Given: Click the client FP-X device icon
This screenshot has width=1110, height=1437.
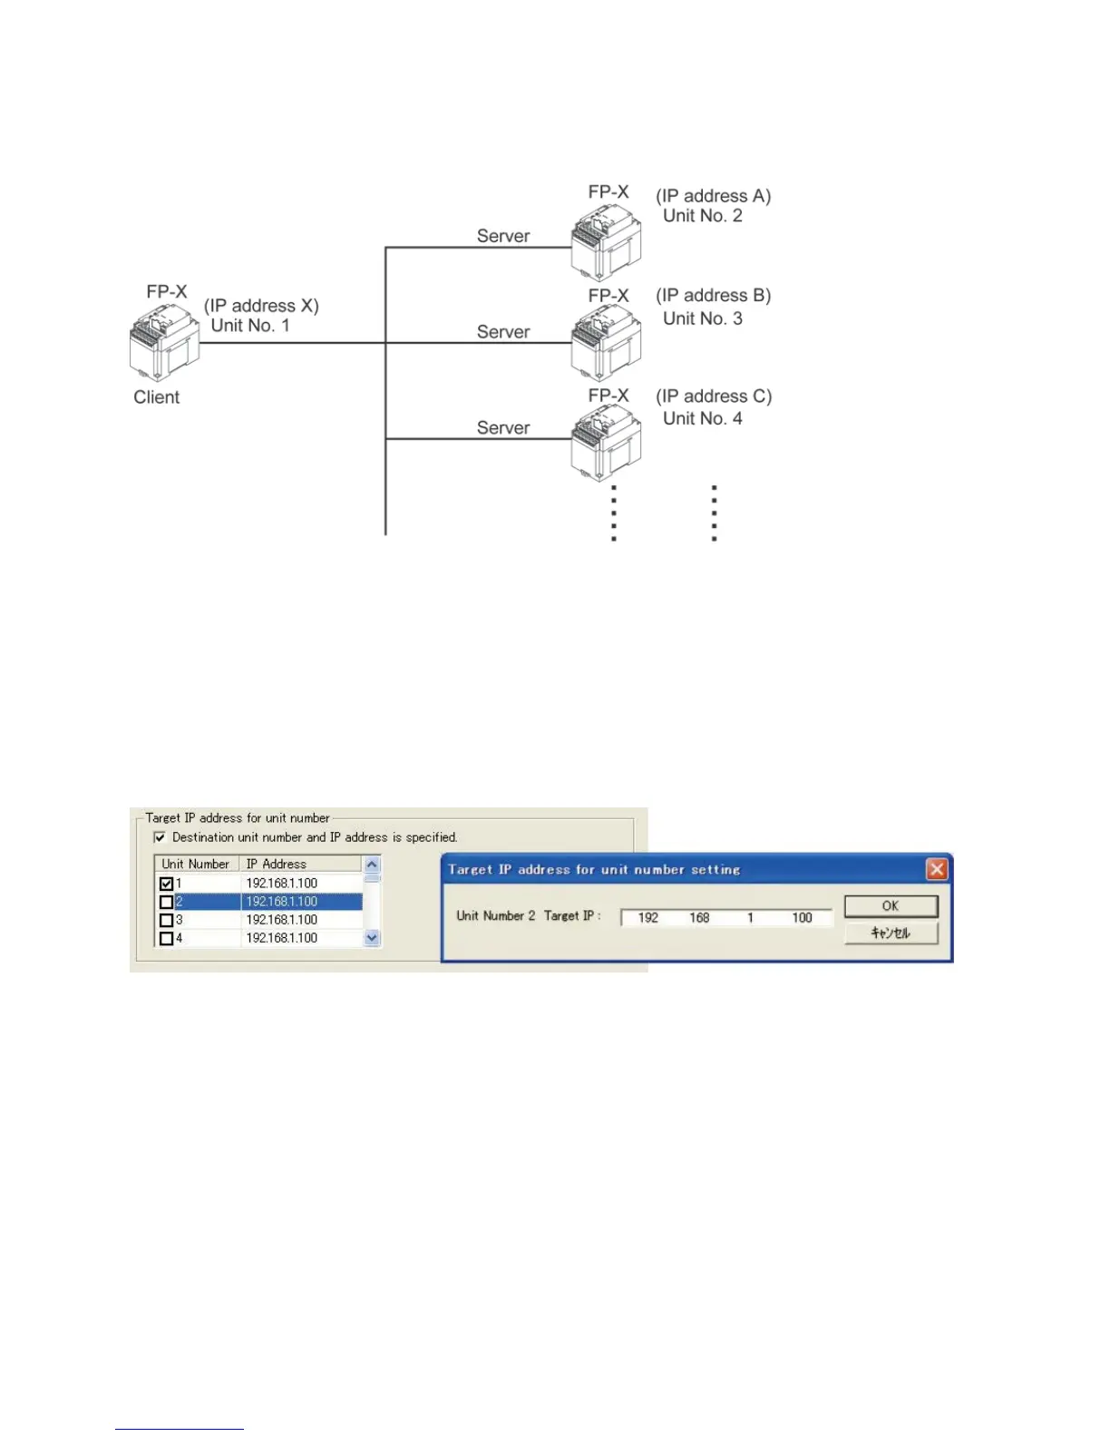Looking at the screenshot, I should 164,343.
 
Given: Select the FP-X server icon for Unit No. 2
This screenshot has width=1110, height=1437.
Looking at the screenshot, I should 606,243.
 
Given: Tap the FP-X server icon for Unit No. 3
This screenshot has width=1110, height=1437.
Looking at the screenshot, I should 606,343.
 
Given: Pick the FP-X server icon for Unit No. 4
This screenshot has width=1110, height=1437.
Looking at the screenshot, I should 606,443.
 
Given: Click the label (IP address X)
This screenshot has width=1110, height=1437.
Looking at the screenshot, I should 261,306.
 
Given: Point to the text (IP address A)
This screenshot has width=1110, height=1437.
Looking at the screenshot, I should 713,196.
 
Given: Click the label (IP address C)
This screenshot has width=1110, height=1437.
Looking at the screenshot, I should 714,396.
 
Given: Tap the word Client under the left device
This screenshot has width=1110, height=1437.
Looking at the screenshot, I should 156,397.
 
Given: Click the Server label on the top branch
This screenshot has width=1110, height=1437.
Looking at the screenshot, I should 503,236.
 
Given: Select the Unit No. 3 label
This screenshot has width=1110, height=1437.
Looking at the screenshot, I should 702,318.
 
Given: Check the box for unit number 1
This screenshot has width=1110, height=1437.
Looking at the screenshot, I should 166,884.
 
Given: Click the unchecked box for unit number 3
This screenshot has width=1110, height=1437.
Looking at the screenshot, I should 166,920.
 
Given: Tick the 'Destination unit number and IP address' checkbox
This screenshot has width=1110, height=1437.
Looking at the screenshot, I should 160,837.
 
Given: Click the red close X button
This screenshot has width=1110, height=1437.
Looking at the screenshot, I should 937,869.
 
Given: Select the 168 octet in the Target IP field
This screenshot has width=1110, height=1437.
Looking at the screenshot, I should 699,918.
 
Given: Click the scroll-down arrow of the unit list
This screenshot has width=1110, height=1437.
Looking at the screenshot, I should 372,938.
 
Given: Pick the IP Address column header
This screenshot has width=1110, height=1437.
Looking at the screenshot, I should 277,865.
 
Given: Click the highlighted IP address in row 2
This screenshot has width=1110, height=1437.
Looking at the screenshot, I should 282,902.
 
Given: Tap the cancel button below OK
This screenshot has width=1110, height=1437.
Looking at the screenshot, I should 891,933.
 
